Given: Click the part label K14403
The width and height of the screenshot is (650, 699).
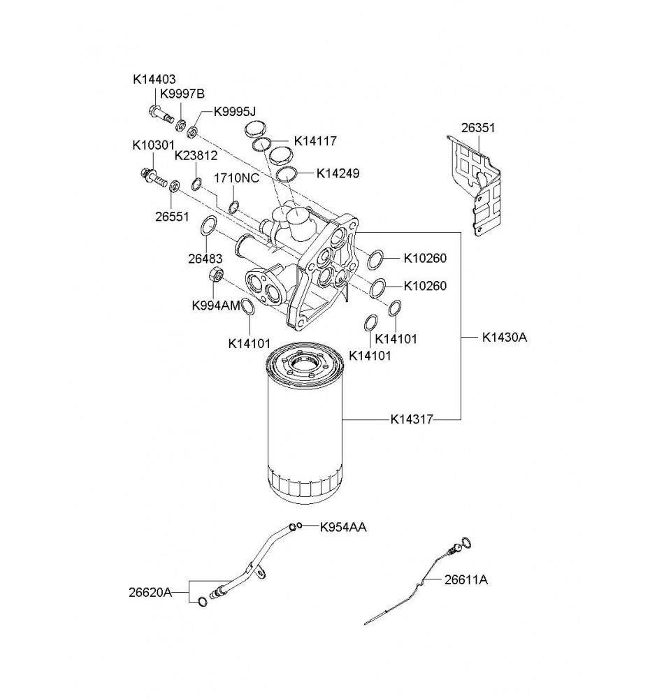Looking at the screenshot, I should [x=154, y=80].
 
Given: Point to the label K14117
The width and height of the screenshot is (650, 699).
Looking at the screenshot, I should [x=315, y=141].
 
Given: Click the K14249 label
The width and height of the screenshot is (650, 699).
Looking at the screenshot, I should [x=338, y=173].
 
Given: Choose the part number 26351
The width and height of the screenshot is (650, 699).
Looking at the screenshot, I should [x=477, y=128].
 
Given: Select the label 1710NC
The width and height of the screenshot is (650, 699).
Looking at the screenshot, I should [x=236, y=178].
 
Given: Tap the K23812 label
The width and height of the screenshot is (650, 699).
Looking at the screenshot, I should [x=196, y=155].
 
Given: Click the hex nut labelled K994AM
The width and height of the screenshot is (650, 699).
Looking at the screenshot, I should [x=217, y=274].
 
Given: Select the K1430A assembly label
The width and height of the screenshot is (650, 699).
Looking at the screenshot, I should [x=504, y=337].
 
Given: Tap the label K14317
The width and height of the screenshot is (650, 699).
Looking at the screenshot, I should [x=413, y=419].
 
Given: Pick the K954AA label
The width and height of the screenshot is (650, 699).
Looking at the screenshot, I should [x=343, y=527].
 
